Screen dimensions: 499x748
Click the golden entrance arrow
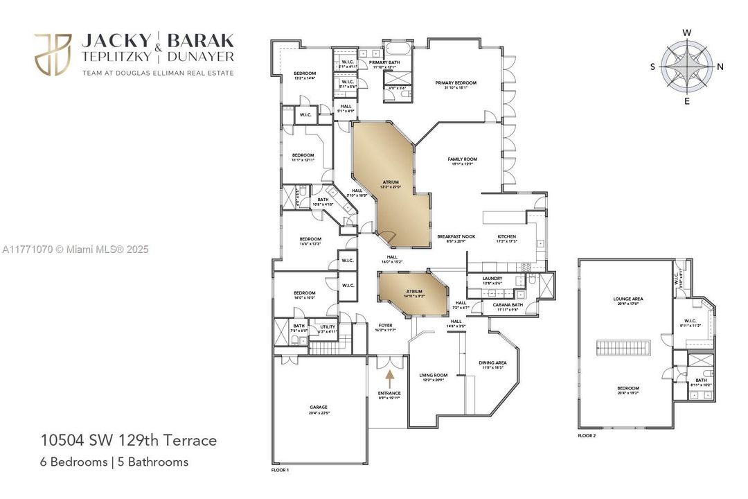pos(389,378)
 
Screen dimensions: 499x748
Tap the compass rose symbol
pos(687,67)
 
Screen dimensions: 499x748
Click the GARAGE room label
pos(319,408)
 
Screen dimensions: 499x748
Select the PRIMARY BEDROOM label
pos(456,83)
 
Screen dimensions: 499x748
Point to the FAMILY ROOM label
pos(462,159)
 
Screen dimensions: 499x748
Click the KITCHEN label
pos(506,237)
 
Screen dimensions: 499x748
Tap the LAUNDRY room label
pos(492,279)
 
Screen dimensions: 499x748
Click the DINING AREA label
pos(492,362)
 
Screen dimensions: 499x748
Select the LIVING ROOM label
pos(434,376)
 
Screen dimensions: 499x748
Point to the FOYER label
pos(385,325)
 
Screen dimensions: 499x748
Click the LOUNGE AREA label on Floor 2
pos(628,299)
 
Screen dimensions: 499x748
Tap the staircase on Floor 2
pos(625,347)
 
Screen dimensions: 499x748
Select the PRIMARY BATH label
pos(382,62)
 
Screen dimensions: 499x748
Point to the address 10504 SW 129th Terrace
pos(129,440)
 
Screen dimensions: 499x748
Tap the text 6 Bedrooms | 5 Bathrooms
pos(114,462)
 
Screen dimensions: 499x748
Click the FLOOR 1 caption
pos(280,471)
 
